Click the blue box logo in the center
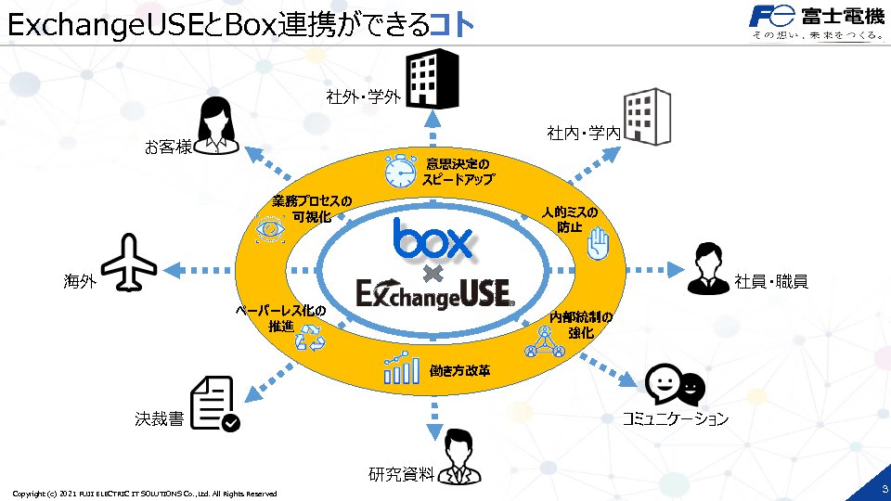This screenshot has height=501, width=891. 433,238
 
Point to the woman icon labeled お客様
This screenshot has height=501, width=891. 220,124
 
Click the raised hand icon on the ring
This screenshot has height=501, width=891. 599,246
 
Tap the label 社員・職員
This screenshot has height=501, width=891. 771,281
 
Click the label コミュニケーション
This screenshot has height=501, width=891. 675,419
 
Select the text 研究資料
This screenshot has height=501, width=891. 401,475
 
